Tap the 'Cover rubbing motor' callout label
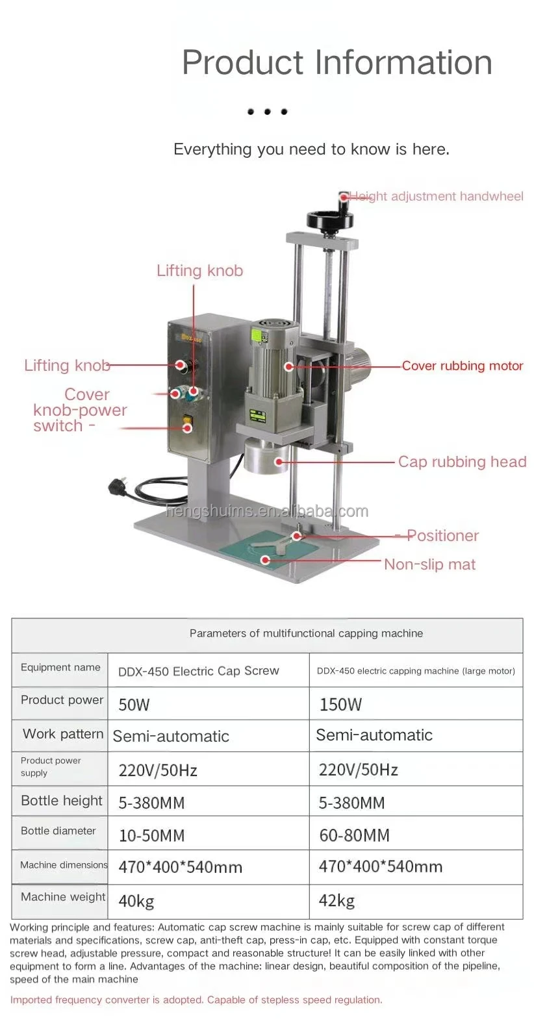462,366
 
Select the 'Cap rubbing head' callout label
462,462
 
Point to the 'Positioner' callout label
442,536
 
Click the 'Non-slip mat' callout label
429,564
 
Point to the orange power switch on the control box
188,423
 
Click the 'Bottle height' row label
62,801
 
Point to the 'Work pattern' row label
63,734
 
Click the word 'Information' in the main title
403,63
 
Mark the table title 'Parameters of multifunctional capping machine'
306,633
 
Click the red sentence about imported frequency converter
196,1000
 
